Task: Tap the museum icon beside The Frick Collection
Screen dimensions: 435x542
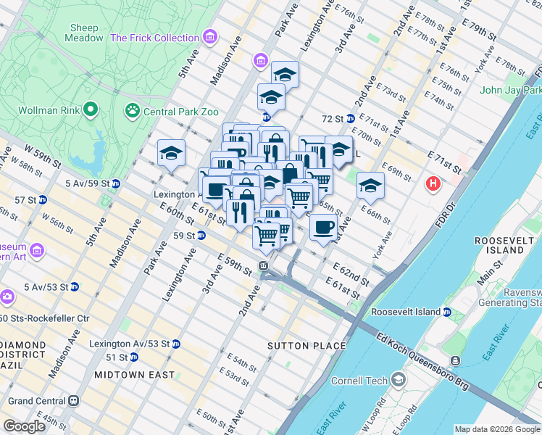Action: click(x=210, y=37)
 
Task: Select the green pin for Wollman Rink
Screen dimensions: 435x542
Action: click(x=90, y=110)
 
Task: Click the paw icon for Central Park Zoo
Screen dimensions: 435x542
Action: click(x=132, y=111)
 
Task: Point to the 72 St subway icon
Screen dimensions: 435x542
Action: click(x=350, y=118)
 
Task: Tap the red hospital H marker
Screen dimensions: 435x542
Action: click(x=434, y=184)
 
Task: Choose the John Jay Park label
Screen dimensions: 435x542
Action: click(x=511, y=91)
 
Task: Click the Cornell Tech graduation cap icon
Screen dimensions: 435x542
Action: click(x=398, y=380)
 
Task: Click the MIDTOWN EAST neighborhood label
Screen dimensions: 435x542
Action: click(x=134, y=375)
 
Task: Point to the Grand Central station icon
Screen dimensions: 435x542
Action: click(x=72, y=400)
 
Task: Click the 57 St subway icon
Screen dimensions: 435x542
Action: click(x=43, y=199)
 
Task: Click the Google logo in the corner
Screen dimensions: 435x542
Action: click(x=25, y=426)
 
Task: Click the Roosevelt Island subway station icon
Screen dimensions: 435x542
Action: click(x=447, y=312)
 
